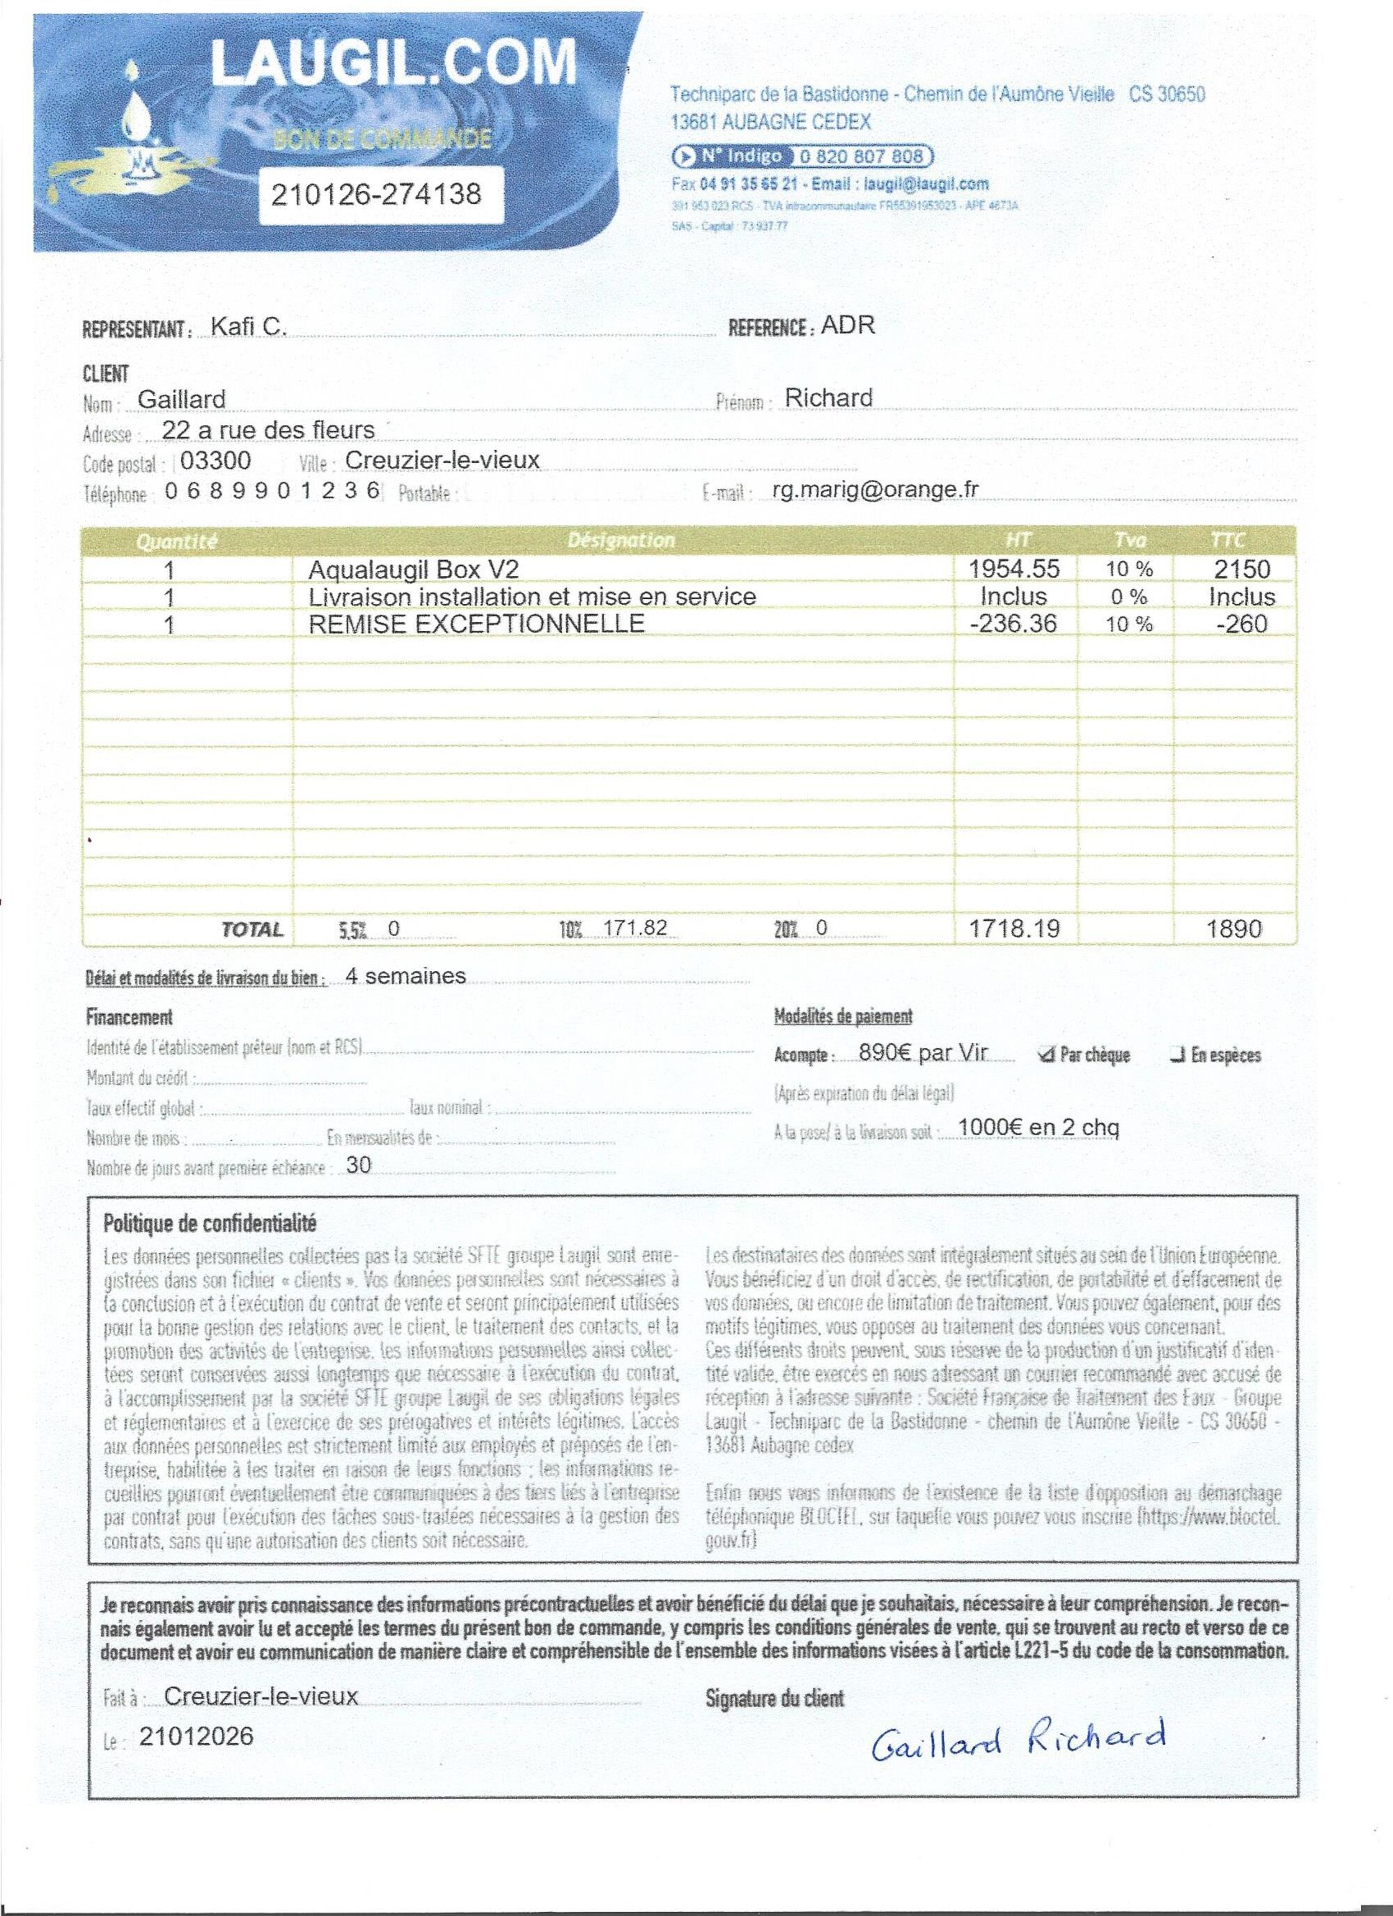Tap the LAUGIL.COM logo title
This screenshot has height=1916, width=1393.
pos(393,63)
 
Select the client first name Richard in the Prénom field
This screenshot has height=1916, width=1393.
pos(828,397)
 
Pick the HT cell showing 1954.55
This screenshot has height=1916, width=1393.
pos(1013,568)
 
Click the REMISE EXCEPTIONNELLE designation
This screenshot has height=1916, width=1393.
pos(476,623)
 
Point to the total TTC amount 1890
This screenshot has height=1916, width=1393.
pos(1235,929)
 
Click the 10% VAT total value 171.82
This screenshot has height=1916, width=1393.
pos(635,928)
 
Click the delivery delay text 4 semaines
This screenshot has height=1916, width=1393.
pos(405,976)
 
